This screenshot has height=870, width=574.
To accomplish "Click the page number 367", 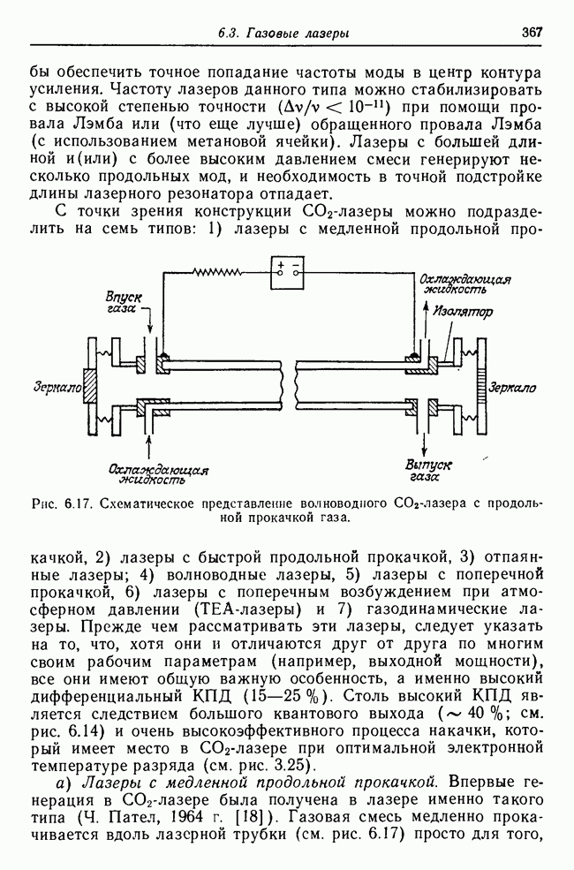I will (531, 32).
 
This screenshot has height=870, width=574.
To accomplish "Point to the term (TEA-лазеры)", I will (234, 609).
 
